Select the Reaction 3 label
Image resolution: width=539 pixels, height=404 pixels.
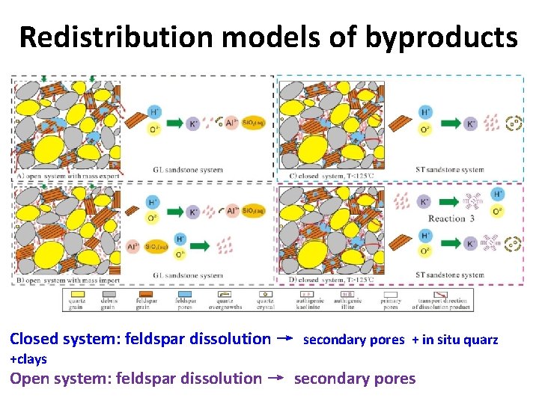coord(451,219)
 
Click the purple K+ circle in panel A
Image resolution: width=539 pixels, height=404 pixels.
coord(193,123)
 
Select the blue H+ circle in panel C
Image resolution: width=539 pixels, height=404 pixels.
coord(424,113)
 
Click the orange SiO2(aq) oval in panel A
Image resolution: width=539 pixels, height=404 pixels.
coord(254,123)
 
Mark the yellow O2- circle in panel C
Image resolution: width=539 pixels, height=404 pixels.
coord(424,130)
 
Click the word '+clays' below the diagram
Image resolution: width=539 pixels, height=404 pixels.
coord(28,359)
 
